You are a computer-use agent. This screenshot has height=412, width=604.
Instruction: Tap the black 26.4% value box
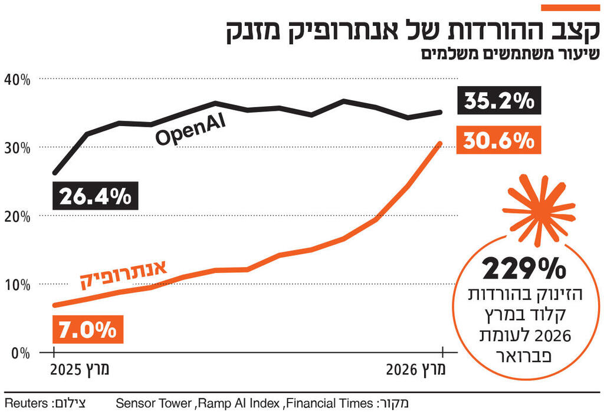tap(96, 196)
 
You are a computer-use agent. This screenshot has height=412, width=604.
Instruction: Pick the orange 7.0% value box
tap(88, 329)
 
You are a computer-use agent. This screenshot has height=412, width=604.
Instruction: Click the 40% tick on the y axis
tap(17, 79)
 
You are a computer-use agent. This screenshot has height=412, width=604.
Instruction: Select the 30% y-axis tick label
tap(17, 147)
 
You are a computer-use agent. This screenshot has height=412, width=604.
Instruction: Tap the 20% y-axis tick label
tap(17, 216)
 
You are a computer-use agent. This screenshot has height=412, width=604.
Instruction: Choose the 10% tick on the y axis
tap(17, 285)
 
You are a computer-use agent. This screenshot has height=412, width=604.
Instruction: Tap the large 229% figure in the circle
tap(524, 269)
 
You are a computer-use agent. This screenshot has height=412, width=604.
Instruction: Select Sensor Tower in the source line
tap(153, 403)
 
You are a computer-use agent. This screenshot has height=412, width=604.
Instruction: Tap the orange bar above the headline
tap(570, 7)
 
